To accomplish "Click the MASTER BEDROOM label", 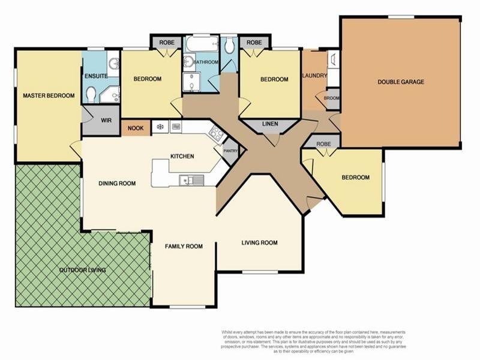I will tap(49, 95).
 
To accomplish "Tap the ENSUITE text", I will tap(96, 76).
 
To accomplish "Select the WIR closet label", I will tap(106, 121).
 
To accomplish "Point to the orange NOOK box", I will tap(136, 127).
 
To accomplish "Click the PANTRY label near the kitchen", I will tap(230, 151).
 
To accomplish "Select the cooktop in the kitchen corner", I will tap(217, 134).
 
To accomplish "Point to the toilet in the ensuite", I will tap(91, 94).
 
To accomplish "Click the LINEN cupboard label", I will tap(270, 124).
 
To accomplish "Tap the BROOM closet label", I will tap(332, 98).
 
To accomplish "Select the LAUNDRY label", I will tap(314, 76).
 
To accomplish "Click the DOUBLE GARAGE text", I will tap(401, 82).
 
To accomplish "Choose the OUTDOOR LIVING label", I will tap(82, 270).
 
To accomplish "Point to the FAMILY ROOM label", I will tap(184, 246).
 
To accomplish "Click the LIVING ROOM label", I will tap(259, 242).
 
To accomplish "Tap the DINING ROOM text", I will tap(117, 184).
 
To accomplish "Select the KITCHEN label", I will tap(182, 156).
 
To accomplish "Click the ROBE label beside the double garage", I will tap(323, 144).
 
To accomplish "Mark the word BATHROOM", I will tap(206, 62).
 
